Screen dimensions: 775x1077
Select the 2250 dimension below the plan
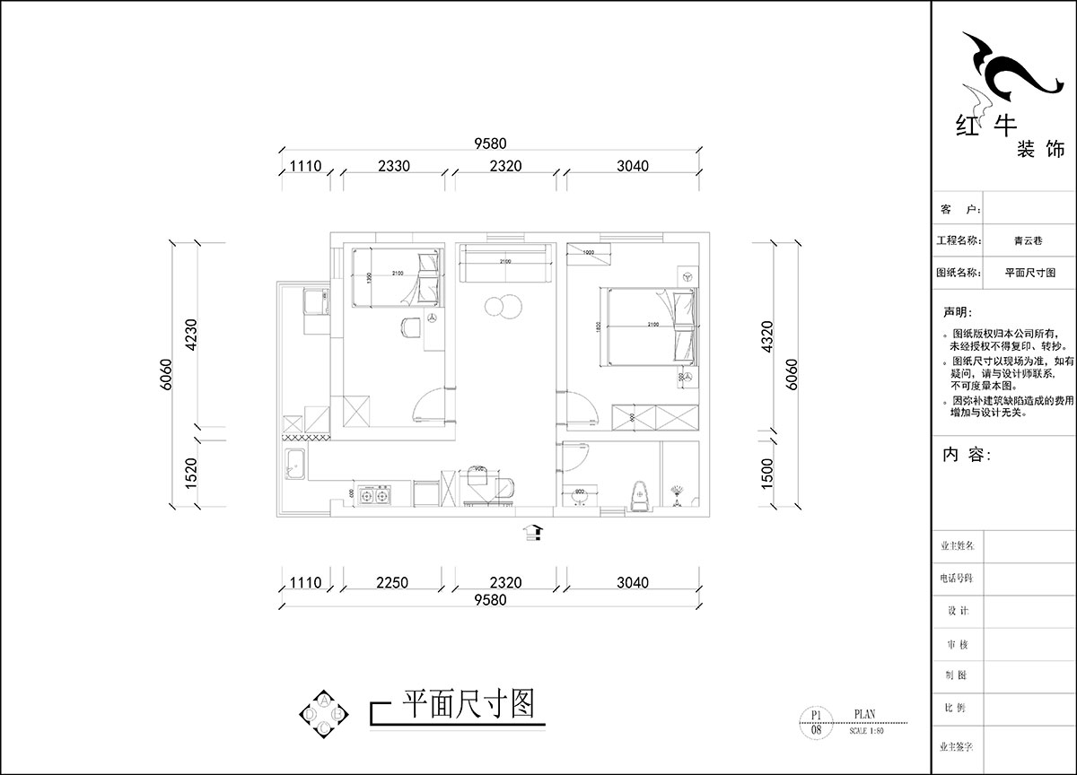click(x=392, y=582)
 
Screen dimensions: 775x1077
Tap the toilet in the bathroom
click(x=638, y=495)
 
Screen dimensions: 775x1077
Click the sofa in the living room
click(x=504, y=263)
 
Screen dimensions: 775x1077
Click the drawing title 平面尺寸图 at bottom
click(x=467, y=703)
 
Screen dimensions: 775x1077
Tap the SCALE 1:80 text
click(x=866, y=731)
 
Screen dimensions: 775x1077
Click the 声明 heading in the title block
click(x=956, y=313)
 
